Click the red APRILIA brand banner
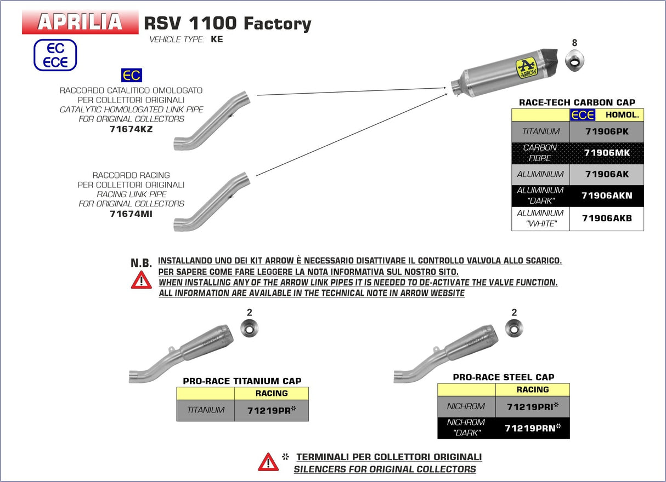coord(80,21)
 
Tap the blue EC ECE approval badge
coord(55,55)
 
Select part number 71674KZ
coord(131,129)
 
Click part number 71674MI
coord(131,214)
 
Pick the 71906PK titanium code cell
coord(606,132)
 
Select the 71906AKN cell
coord(606,196)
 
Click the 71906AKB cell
coord(606,219)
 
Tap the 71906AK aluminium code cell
coord(606,174)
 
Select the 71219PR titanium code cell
coord(271,410)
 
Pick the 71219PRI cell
coord(532,407)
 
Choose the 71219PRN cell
coord(532,428)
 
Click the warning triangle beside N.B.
coord(141,280)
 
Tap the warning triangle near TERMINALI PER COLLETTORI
coord(268,462)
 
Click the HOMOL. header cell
coord(622,115)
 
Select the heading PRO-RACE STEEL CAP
coord(503,377)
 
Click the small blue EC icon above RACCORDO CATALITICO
coord(132,75)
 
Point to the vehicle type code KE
coord(217,39)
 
